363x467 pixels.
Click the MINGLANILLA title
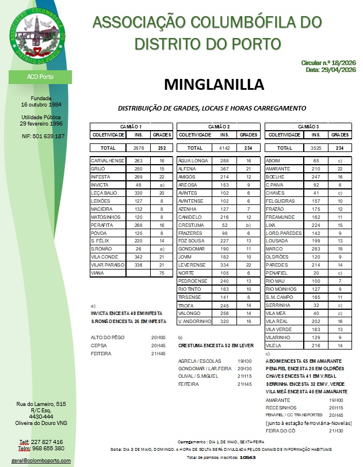tap(214, 84)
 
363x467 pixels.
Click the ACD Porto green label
tap(40, 76)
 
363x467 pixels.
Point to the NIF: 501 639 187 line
tap(40, 136)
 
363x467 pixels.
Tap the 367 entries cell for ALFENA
tap(225, 169)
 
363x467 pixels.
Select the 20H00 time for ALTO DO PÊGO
tap(157, 337)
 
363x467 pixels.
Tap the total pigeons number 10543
tap(247, 457)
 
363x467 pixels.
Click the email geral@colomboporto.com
tap(40, 461)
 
